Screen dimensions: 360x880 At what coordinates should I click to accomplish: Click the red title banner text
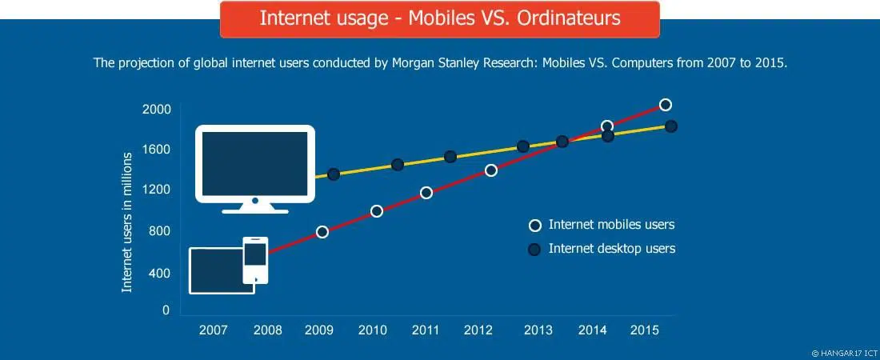tap(440, 18)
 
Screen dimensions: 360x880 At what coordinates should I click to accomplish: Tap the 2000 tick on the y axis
tap(157, 109)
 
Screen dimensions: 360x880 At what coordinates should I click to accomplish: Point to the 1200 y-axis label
tap(157, 190)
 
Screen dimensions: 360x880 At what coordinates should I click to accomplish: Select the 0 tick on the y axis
tap(166, 310)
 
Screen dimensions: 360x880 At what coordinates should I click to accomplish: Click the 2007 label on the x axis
tap(213, 330)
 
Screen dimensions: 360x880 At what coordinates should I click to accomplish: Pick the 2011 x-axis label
tap(425, 330)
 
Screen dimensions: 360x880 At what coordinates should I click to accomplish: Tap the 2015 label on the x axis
tap(645, 330)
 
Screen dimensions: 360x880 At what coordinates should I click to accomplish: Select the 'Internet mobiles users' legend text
tap(611, 225)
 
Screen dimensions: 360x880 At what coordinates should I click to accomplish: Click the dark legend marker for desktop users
tap(534, 250)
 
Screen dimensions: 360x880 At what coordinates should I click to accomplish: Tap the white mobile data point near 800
tap(322, 232)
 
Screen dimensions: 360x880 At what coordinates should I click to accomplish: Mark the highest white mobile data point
tap(665, 105)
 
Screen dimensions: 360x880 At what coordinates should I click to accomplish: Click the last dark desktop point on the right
tap(671, 126)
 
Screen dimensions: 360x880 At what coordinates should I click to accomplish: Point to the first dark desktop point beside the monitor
tap(334, 174)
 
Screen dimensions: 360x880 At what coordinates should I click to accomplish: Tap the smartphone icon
tap(255, 259)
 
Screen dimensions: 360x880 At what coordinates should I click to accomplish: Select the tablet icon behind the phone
tap(218, 271)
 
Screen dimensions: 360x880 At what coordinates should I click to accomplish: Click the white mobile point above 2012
tap(491, 170)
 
